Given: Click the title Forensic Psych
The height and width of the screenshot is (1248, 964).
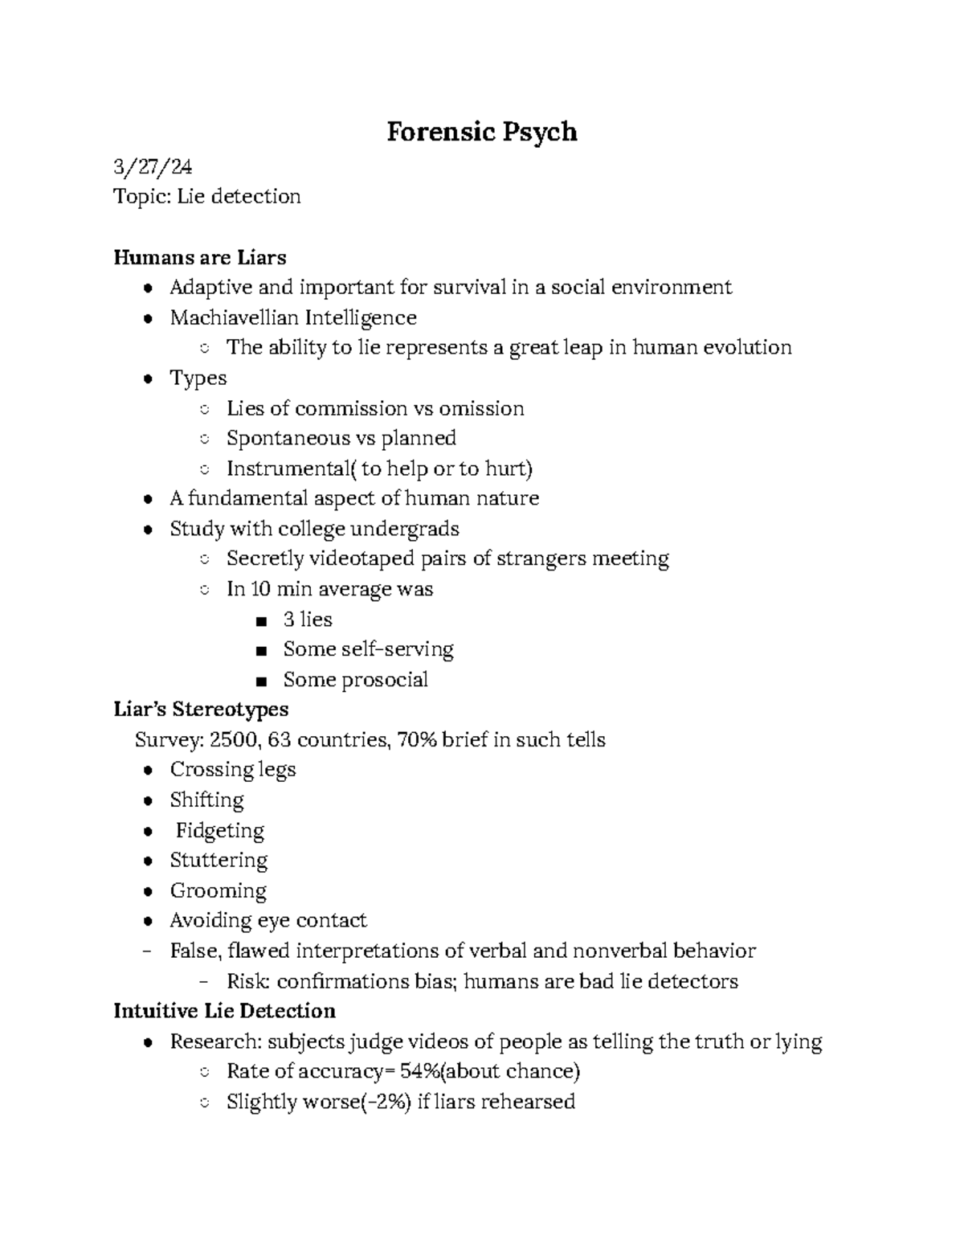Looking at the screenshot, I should (481, 132).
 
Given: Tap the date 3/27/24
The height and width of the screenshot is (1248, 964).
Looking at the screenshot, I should (153, 166).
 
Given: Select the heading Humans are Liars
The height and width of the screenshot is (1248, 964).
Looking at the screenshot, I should (199, 257).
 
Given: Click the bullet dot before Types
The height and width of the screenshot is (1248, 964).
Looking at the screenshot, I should (147, 379).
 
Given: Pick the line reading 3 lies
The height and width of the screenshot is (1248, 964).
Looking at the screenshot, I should (307, 620).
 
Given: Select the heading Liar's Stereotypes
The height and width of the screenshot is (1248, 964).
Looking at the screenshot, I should (201, 710).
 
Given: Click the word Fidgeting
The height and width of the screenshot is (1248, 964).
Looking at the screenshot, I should (219, 830).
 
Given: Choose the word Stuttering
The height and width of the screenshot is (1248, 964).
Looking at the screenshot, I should (219, 860).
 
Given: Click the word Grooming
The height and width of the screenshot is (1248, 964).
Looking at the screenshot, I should (218, 890).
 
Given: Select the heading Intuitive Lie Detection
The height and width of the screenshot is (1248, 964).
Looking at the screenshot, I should (224, 1011).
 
